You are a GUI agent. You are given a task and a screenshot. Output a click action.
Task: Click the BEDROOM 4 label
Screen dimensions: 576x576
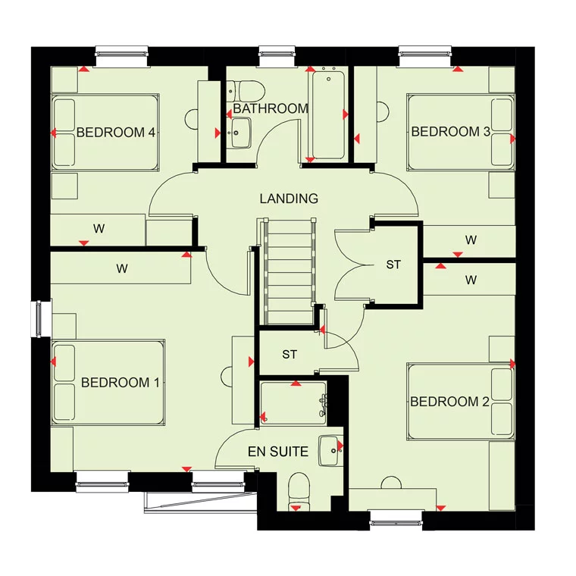pos(116,132)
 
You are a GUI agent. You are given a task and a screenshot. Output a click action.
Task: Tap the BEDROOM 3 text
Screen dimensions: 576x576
pos(451,132)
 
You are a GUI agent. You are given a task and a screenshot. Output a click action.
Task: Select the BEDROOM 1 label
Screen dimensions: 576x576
pos(120,383)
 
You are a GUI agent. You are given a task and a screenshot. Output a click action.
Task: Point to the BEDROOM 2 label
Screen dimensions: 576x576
pos(449,402)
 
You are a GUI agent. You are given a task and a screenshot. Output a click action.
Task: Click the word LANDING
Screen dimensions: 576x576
pos(289,199)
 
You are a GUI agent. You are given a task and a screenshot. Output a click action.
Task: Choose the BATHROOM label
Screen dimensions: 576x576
pos(271,108)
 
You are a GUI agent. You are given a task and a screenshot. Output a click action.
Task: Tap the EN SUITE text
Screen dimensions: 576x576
pos(278,452)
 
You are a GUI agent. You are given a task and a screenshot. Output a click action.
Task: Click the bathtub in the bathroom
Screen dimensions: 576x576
pos(328,115)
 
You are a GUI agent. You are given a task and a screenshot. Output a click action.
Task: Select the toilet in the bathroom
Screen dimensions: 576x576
pos(246,92)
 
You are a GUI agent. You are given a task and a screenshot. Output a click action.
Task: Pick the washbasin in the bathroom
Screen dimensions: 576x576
pos(239,133)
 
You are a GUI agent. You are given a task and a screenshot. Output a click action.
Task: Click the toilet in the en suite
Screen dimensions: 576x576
pos(299,491)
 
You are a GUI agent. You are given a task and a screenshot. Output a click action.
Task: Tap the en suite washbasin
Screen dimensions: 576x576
pos(330,451)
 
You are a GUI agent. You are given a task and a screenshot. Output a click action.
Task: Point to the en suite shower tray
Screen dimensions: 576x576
pos(293,404)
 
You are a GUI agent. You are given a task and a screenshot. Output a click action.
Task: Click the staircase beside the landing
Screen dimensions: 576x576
pos(289,272)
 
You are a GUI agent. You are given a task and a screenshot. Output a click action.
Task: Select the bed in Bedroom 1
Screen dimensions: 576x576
pos(108,383)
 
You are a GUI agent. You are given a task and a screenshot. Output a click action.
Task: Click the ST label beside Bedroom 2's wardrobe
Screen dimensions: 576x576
pos(393,265)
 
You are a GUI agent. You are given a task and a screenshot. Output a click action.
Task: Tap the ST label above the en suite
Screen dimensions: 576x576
pos(290,355)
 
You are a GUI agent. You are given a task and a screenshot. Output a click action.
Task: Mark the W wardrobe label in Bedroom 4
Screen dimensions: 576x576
pos(99,229)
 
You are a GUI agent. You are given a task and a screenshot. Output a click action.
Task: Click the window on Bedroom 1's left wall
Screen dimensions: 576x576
pos(41,318)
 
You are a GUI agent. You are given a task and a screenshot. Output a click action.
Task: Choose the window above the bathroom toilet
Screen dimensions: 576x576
pos(277,56)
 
